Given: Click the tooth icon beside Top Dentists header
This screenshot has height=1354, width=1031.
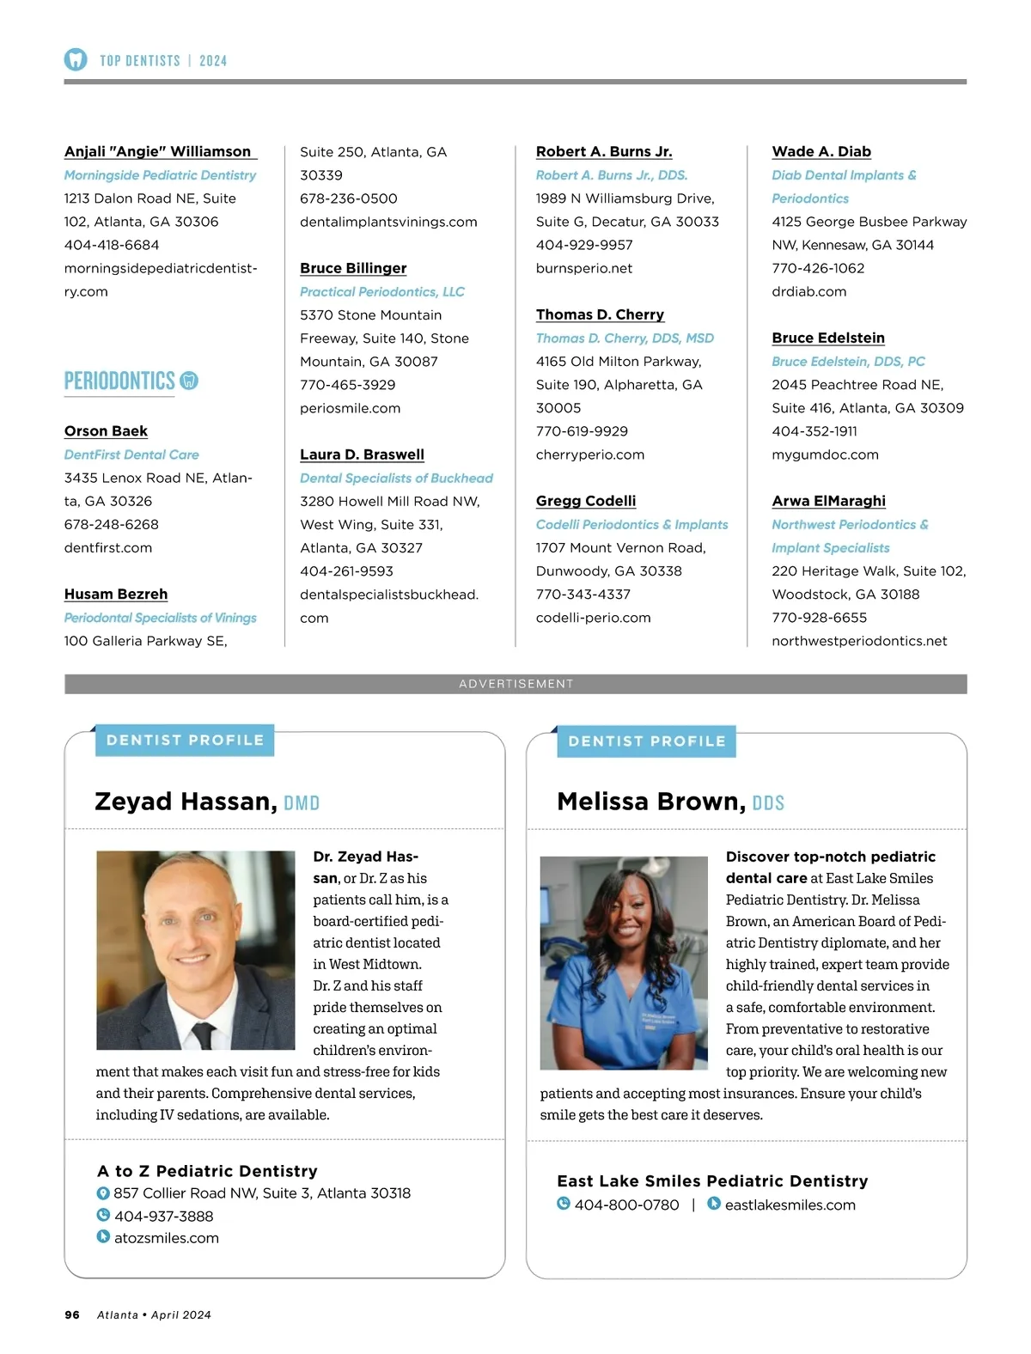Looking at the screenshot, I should tap(76, 59).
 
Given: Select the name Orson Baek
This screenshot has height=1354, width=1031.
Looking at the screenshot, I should tap(106, 431).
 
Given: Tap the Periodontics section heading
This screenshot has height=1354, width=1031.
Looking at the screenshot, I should tap(119, 381).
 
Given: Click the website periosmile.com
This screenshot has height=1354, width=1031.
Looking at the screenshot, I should tap(350, 408).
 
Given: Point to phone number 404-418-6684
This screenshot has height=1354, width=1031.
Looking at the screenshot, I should tap(112, 245).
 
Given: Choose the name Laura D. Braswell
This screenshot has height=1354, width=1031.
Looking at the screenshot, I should tap(362, 454).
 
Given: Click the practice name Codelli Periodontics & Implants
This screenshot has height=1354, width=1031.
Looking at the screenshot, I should tap(631, 524).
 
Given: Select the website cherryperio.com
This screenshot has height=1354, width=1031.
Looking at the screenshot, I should tap(589, 454).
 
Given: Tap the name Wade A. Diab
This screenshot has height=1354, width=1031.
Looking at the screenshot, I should tap(821, 152).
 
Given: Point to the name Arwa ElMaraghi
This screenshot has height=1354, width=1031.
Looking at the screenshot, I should tap(828, 501).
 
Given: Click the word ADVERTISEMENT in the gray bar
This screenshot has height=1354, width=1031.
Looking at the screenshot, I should tap(515, 684).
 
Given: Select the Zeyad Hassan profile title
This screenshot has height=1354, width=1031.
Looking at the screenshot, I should tap(186, 802).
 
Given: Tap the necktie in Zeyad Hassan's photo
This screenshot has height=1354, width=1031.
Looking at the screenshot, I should tap(204, 1034).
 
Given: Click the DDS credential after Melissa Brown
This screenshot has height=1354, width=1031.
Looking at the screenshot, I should tap(768, 803).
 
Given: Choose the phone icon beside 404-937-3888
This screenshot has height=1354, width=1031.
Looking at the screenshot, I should tap(103, 1215).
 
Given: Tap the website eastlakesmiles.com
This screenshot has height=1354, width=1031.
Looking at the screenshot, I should tap(790, 1205).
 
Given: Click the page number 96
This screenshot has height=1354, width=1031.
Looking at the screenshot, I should tap(72, 1314).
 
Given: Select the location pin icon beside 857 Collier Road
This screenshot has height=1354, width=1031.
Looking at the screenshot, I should tap(103, 1192).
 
